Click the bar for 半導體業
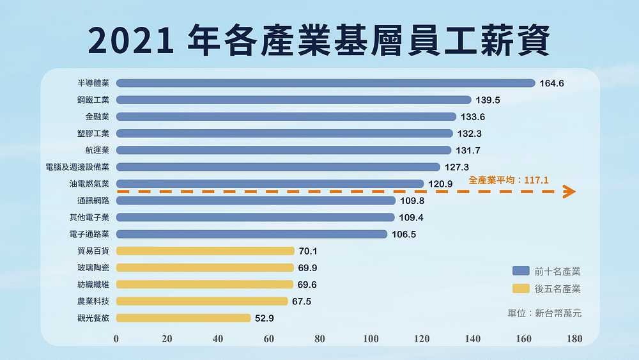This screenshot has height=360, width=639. click(325, 83)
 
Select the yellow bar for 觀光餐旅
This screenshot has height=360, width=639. click(183, 318)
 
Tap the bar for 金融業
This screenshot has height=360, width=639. click(286, 116)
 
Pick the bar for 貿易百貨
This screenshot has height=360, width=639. click(205, 251)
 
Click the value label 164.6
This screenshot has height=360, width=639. click(552, 84)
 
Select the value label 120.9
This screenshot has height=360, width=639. click(441, 184)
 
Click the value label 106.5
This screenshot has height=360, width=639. click(403, 235)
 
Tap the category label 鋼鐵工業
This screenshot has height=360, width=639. click(93, 100)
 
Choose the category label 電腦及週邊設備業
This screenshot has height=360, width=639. click(78, 167)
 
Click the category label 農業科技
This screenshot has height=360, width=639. click(93, 301)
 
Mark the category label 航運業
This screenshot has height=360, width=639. click(97, 150)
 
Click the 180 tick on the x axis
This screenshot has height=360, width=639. click(574, 339)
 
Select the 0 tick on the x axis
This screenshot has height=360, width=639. click(116, 339)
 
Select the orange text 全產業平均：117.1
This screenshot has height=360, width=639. click(509, 181)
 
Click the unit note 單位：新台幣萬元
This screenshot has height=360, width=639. click(544, 313)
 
